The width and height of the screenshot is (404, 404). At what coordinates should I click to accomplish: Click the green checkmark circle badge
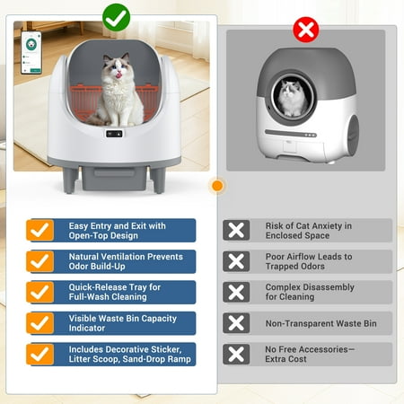click(x=116, y=18)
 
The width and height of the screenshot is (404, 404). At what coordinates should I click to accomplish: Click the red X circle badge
click(x=306, y=30)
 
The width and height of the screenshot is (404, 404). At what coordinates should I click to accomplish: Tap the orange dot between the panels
click(x=217, y=186)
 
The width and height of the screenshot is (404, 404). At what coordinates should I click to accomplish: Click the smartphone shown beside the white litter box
click(x=31, y=53)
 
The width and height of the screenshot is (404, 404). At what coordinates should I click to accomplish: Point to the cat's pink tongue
click(x=120, y=75)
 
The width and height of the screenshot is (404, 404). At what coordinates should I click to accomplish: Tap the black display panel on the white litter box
click(x=114, y=134)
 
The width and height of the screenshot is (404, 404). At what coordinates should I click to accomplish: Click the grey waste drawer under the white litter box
click(x=115, y=179)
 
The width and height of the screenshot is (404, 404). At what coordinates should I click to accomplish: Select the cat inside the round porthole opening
click(x=292, y=98)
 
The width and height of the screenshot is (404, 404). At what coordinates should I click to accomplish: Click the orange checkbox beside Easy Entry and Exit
click(x=40, y=230)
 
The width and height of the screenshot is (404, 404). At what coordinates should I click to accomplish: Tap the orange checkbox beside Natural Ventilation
click(x=40, y=261)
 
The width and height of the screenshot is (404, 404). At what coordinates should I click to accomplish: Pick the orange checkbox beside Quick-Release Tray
click(x=40, y=292)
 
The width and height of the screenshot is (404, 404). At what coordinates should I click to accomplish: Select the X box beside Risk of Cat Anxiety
click(x=236, y=230)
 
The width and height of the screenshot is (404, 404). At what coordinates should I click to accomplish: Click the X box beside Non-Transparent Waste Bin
click(x=236, y=323)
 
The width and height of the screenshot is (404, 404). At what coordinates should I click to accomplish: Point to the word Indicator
click(x=87, y=328)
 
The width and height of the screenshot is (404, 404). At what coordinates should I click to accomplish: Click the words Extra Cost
click(x=285, y=359)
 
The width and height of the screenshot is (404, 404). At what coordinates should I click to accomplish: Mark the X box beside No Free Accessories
click(x=236, y=354)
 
